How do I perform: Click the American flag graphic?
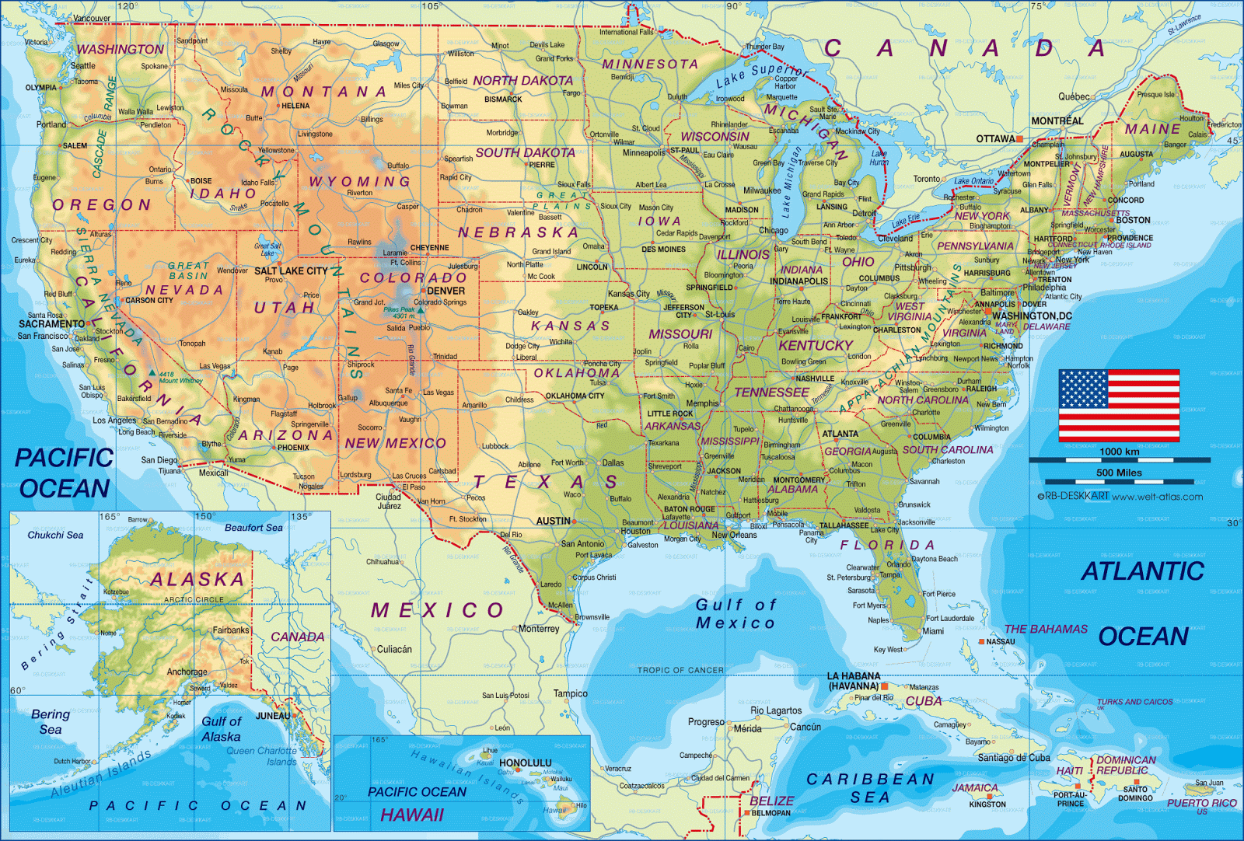[x=1119, y=405]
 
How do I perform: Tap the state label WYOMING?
[x=360, y=181]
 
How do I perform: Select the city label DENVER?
[x=446, y=291]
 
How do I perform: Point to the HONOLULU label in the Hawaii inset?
[x=526, y=763]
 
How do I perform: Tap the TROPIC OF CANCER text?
[x=680, y=670]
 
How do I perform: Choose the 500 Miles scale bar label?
[x=1119, y=473]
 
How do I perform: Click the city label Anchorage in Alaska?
[x=187, y=672]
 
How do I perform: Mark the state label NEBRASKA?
[x=518, y=232]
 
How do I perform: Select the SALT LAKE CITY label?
[x=292, y=270]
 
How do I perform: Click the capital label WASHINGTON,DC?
[x=1032, y=316]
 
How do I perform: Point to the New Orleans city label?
[x=734, y=535]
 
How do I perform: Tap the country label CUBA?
[x=924, y=700]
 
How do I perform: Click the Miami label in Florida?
[x=933, y=631]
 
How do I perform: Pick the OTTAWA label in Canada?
[x=995, y=139]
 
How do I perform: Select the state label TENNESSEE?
[x=771, y=393]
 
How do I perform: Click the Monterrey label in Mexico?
[x=539, y=629]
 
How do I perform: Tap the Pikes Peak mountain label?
[x=399, y=309]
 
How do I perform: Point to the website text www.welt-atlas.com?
[x=1157, y=497]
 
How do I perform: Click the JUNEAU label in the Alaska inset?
[x=273, y=716]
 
